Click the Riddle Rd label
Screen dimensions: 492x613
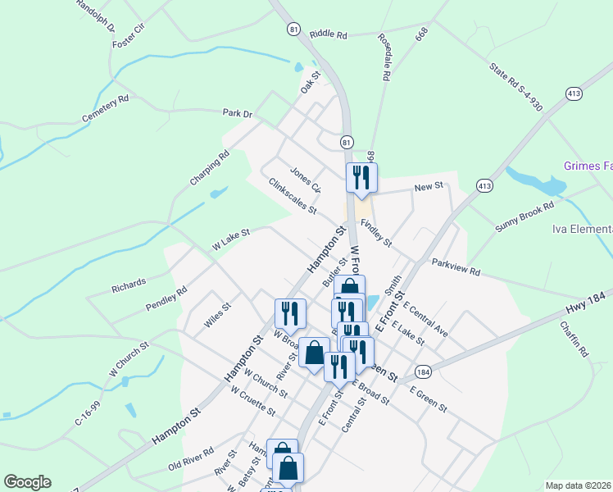329,35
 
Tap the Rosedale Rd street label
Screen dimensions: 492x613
383,57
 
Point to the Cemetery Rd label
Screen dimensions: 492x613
106,109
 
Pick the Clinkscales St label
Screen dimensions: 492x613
293,196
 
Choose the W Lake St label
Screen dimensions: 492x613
230,239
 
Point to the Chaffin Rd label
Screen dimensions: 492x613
574,338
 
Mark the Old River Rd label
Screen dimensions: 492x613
191,456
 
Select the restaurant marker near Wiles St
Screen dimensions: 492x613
290,314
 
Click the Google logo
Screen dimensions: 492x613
27,482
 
